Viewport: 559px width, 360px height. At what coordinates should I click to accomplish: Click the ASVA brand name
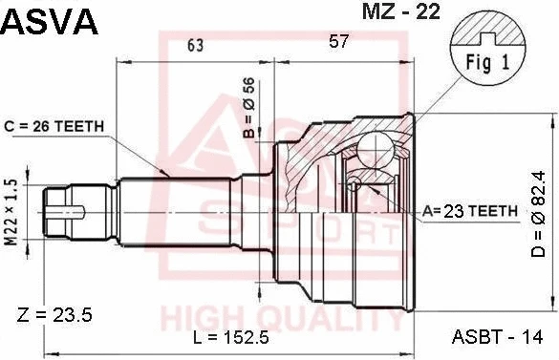[x=49, y=21]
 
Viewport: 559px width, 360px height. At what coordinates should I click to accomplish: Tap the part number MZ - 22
[x=401, y=11]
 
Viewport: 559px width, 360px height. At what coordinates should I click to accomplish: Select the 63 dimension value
[x=195, y=45]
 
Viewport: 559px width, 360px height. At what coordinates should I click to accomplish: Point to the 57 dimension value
[x=338, y=41]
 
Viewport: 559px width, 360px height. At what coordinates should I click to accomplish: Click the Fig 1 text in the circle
[x=487, y=63]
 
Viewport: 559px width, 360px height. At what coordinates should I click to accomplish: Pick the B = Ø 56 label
[x=249, y=108]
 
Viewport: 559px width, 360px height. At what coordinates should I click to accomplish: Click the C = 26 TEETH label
[x=54, y=126]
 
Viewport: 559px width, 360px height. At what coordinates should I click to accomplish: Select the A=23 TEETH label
[x=469, y=211]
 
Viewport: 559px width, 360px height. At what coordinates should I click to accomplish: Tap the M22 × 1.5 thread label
[x=11, y=212]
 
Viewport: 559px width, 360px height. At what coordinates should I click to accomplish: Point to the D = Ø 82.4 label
[x=538, y=214]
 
